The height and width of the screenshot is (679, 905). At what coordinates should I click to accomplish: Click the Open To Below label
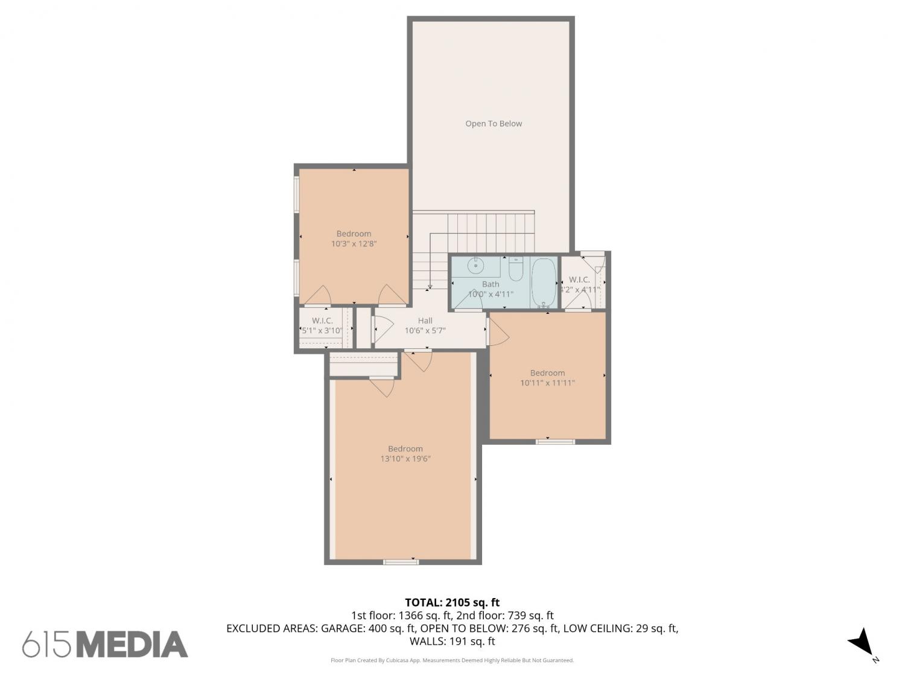(x=493, y=123)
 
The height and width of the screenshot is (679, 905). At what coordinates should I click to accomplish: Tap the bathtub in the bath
(x=544, y=283)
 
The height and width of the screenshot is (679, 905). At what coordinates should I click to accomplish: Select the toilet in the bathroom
(x=515, y=269)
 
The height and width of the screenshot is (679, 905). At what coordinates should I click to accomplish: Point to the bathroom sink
(x=476, y=266)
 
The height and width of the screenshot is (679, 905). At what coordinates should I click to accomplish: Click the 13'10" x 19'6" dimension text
(x=405, y=459)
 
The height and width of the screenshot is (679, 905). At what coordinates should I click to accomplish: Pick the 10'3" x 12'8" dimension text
(x=354, y=243)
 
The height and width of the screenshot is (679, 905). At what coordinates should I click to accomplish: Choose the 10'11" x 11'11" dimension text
(x=547, y=383)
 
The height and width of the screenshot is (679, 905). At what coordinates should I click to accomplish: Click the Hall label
(x=425, y=320)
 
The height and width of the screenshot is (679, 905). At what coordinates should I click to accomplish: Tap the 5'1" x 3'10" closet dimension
(x=322, y=330)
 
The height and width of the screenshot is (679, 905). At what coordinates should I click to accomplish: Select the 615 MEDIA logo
(x=105, y=644)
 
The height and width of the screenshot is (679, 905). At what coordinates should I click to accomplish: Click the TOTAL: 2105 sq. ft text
(x=452, y=603)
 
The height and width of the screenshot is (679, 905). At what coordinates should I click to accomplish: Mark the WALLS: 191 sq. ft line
(x=452, y=641)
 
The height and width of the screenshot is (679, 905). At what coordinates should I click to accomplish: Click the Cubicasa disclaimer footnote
(x=452, y=660)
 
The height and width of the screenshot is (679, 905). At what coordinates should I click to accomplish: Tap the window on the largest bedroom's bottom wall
(x=401, y=561)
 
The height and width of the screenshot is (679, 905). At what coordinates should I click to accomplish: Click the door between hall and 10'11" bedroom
(x=497, y=331)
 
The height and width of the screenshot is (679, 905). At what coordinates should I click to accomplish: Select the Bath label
(x=491, y=284)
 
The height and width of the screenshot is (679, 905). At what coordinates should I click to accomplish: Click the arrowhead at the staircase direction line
(x=430, y=287)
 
